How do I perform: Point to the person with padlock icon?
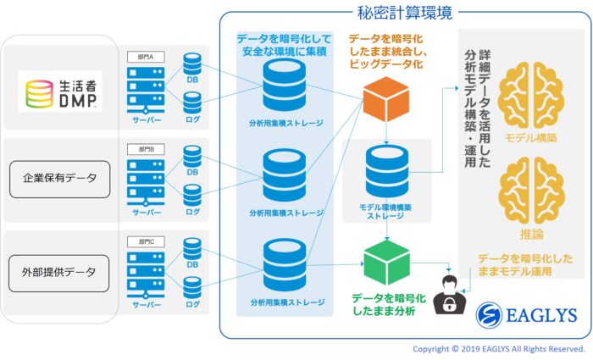448,295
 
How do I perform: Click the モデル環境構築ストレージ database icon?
386,173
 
